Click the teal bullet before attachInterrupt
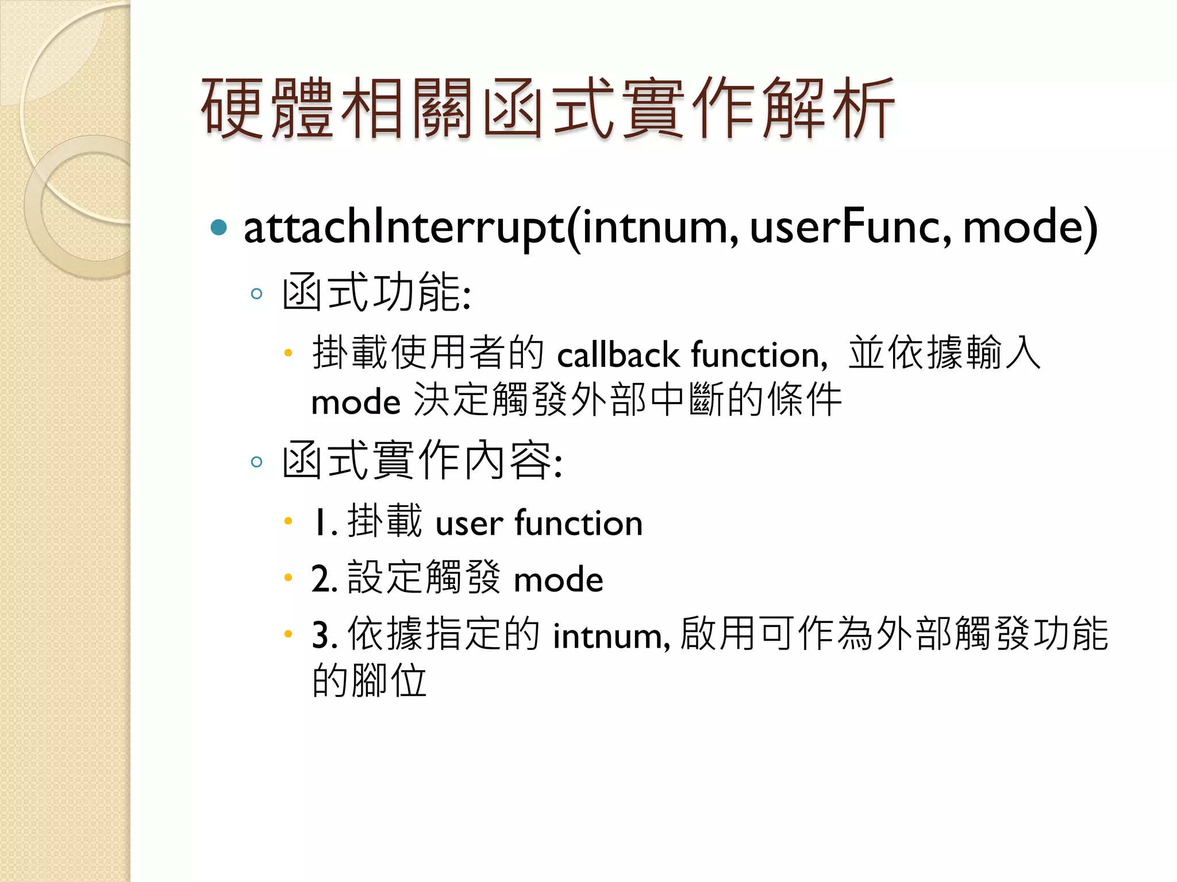[x=219, y=227]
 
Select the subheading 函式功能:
[x=376, y=293]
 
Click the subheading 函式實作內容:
[x=422, y=461]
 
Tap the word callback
[x=618, y=354]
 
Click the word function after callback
[x=759, y=354]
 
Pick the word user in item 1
[x=469, y=523]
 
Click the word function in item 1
[x=578, y=523]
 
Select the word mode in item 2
[x=558, y=579]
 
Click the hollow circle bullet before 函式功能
[x=257, y=294]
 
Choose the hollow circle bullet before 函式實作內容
[x=257, y=462]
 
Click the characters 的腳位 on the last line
[x=369, y=681]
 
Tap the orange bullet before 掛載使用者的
[x=289, y=353]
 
